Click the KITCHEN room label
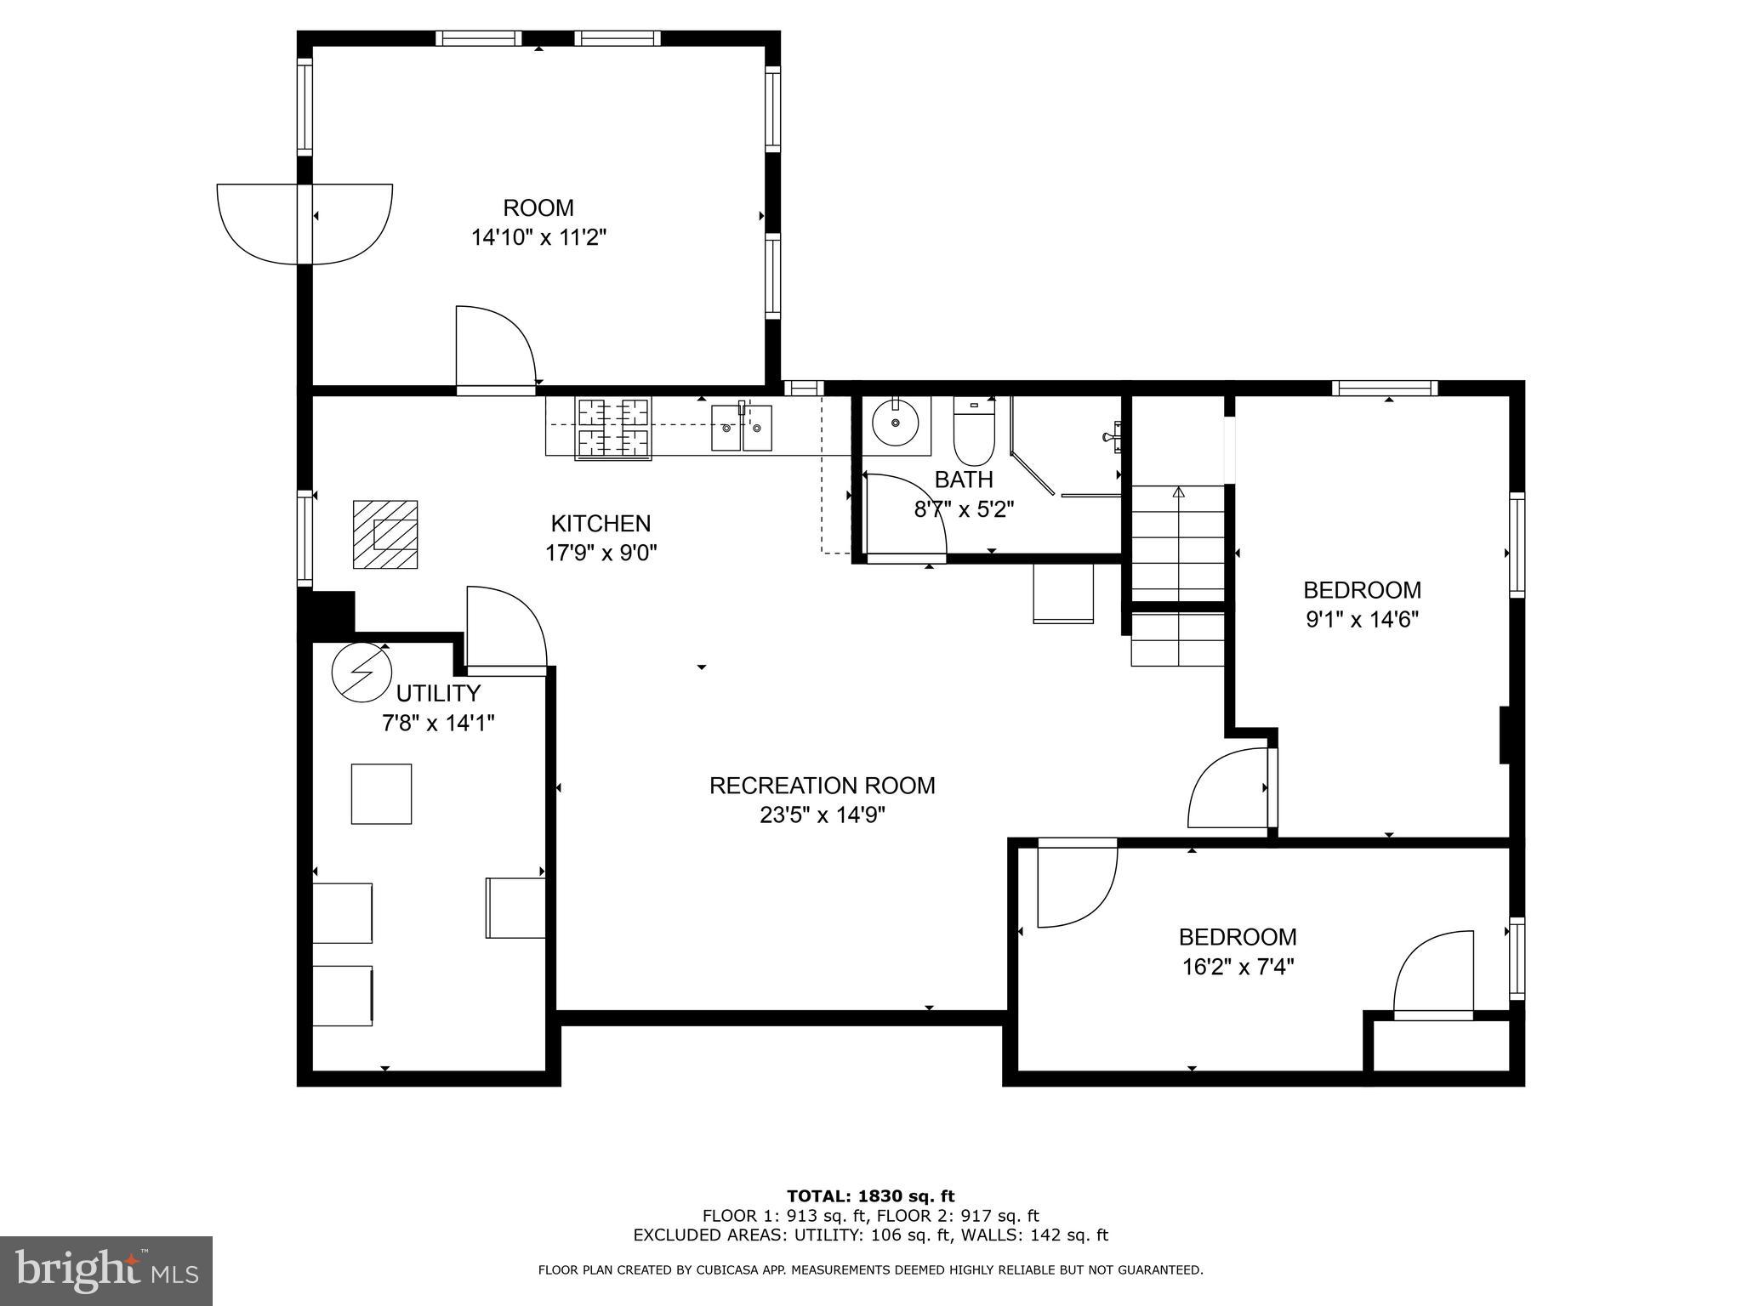coord(601,523)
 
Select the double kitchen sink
coord(742,428)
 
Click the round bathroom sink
coord(895,423)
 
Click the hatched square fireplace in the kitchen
coord(385,534)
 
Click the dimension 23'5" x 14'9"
coord(823,815)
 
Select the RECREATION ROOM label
coord(823,786)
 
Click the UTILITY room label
coord(438,693)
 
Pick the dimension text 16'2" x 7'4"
coord(1238,967)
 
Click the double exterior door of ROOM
coord(305,224)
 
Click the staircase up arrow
coord(1178,492)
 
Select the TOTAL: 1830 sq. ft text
coord(870,1196)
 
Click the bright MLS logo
coord(106,1270)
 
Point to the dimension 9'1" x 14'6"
coord(1362,619)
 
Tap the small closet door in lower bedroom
coord(1433,975)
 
